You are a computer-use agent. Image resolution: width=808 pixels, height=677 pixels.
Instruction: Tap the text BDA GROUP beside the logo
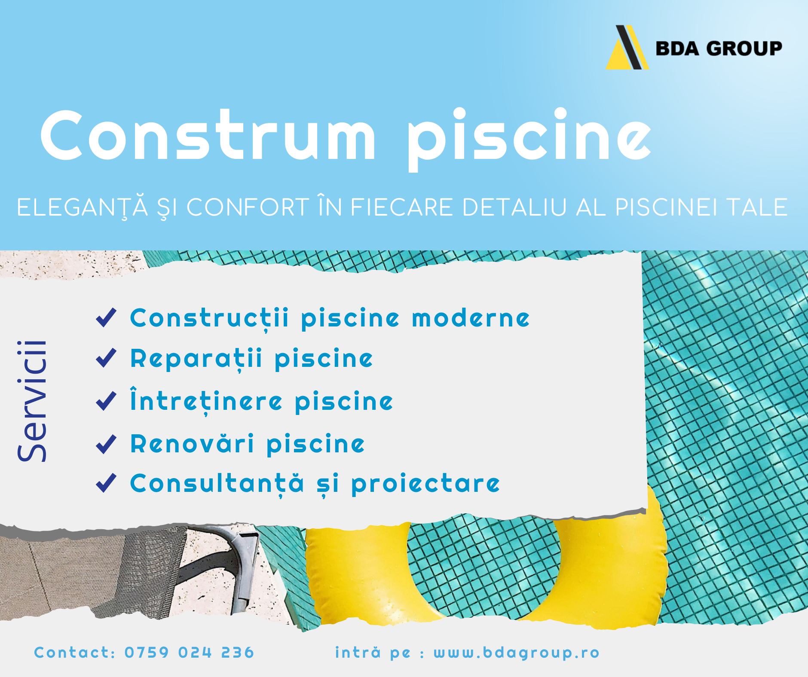click(x=719, y=49)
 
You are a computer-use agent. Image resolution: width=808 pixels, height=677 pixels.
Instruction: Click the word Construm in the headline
click(x=208, y=135)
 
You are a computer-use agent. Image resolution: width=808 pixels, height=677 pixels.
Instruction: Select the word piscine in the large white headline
click(x=529, y=138)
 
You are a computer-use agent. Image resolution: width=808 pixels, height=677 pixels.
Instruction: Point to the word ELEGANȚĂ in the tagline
click(x=83, y=208)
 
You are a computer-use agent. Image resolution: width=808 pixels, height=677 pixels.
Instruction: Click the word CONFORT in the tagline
click(x=248, y=207)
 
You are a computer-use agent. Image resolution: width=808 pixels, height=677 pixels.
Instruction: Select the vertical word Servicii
click(x=32, y=401)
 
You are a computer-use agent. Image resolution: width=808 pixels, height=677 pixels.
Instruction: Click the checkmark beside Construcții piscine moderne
click(x=106, y=318)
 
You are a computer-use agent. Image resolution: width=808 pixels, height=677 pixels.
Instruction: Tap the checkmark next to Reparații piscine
click(x=106, y=358)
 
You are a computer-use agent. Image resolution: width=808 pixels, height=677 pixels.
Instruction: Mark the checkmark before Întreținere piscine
click(x=106, y=401)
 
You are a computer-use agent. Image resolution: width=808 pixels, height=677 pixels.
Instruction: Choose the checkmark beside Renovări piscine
click(x=106, y=444)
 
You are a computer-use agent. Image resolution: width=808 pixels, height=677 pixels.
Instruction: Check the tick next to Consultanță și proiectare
click(x=106, y=483)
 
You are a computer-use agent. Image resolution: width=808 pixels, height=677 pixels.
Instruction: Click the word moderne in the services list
click(x=471, y=318)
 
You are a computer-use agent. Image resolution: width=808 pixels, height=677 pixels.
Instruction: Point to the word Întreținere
click(x=206, y=401)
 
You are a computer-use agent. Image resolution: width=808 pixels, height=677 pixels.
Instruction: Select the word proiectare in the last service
click(x=425, y=485)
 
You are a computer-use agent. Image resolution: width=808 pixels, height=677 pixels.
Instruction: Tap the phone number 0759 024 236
click(x=190, y=653)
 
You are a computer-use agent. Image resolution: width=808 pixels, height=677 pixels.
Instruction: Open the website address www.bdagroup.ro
click(x=516, y=653)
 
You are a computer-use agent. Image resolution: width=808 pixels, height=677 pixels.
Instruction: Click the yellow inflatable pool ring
click(x=486, y=576)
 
